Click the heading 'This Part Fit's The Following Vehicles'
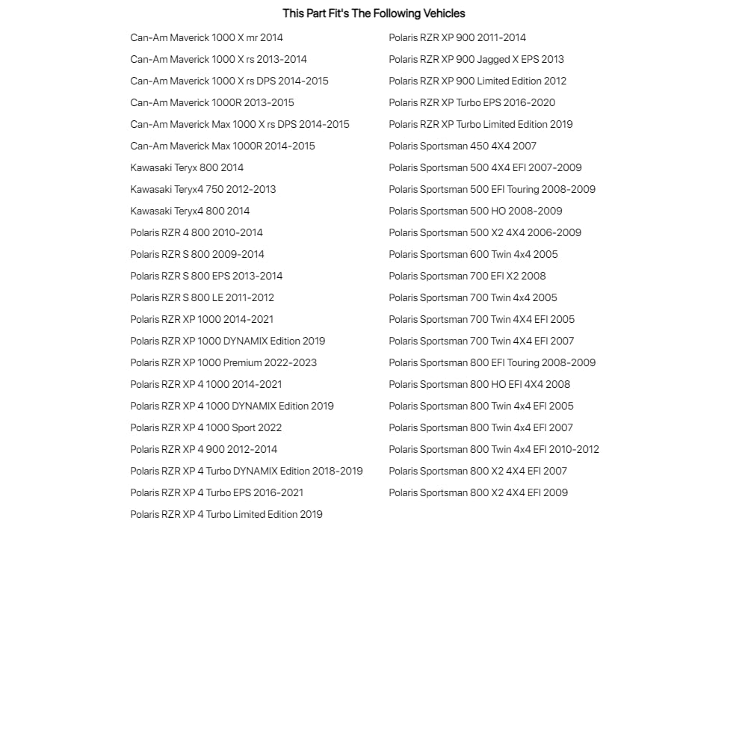pyautogui.click(x=374, y=13)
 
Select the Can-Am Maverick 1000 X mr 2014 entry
pyautogui.click(x=206, y=37)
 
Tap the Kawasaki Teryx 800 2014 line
pyautogui.click(x=187, y=167)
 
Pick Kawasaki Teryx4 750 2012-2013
pyautogui.click(x=203, y=189)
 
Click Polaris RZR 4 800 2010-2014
pyautogui.click(x=197, y=232)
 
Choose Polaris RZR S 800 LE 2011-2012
pyautogui.click(x=202, y=297)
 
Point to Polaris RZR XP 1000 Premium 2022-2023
pyautogui.click(x=223, y=362)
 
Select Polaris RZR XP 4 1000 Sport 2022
pyautogui.click(x=205, y=427)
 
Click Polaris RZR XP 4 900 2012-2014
pyautogui.click(x=203, y=449)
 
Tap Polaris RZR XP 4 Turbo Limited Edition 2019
pyautogui.click(x=226, y=514)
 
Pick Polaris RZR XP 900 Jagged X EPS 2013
pyautogui.click(x=476, y=59)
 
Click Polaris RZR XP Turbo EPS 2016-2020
pyautogui.click(x=472, y=102)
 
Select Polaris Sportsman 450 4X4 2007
pyautogui.click(x=463, y=146)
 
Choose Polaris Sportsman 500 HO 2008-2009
pyautogui.click(x=475, y=211)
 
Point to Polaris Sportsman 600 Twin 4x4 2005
pyautogui.click(x=473, y=254)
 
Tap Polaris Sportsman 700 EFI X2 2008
pyautogui.click(x=467, y=276)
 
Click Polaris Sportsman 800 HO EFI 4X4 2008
pyautogui.click(x=479, y=384)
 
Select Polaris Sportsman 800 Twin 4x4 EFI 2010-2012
pyautogui.click(x=494, y=449)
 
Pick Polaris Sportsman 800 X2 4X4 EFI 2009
pyautogui.click(x=478, y=492)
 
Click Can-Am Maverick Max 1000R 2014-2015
pyautogui.click(x=223, y=146)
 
